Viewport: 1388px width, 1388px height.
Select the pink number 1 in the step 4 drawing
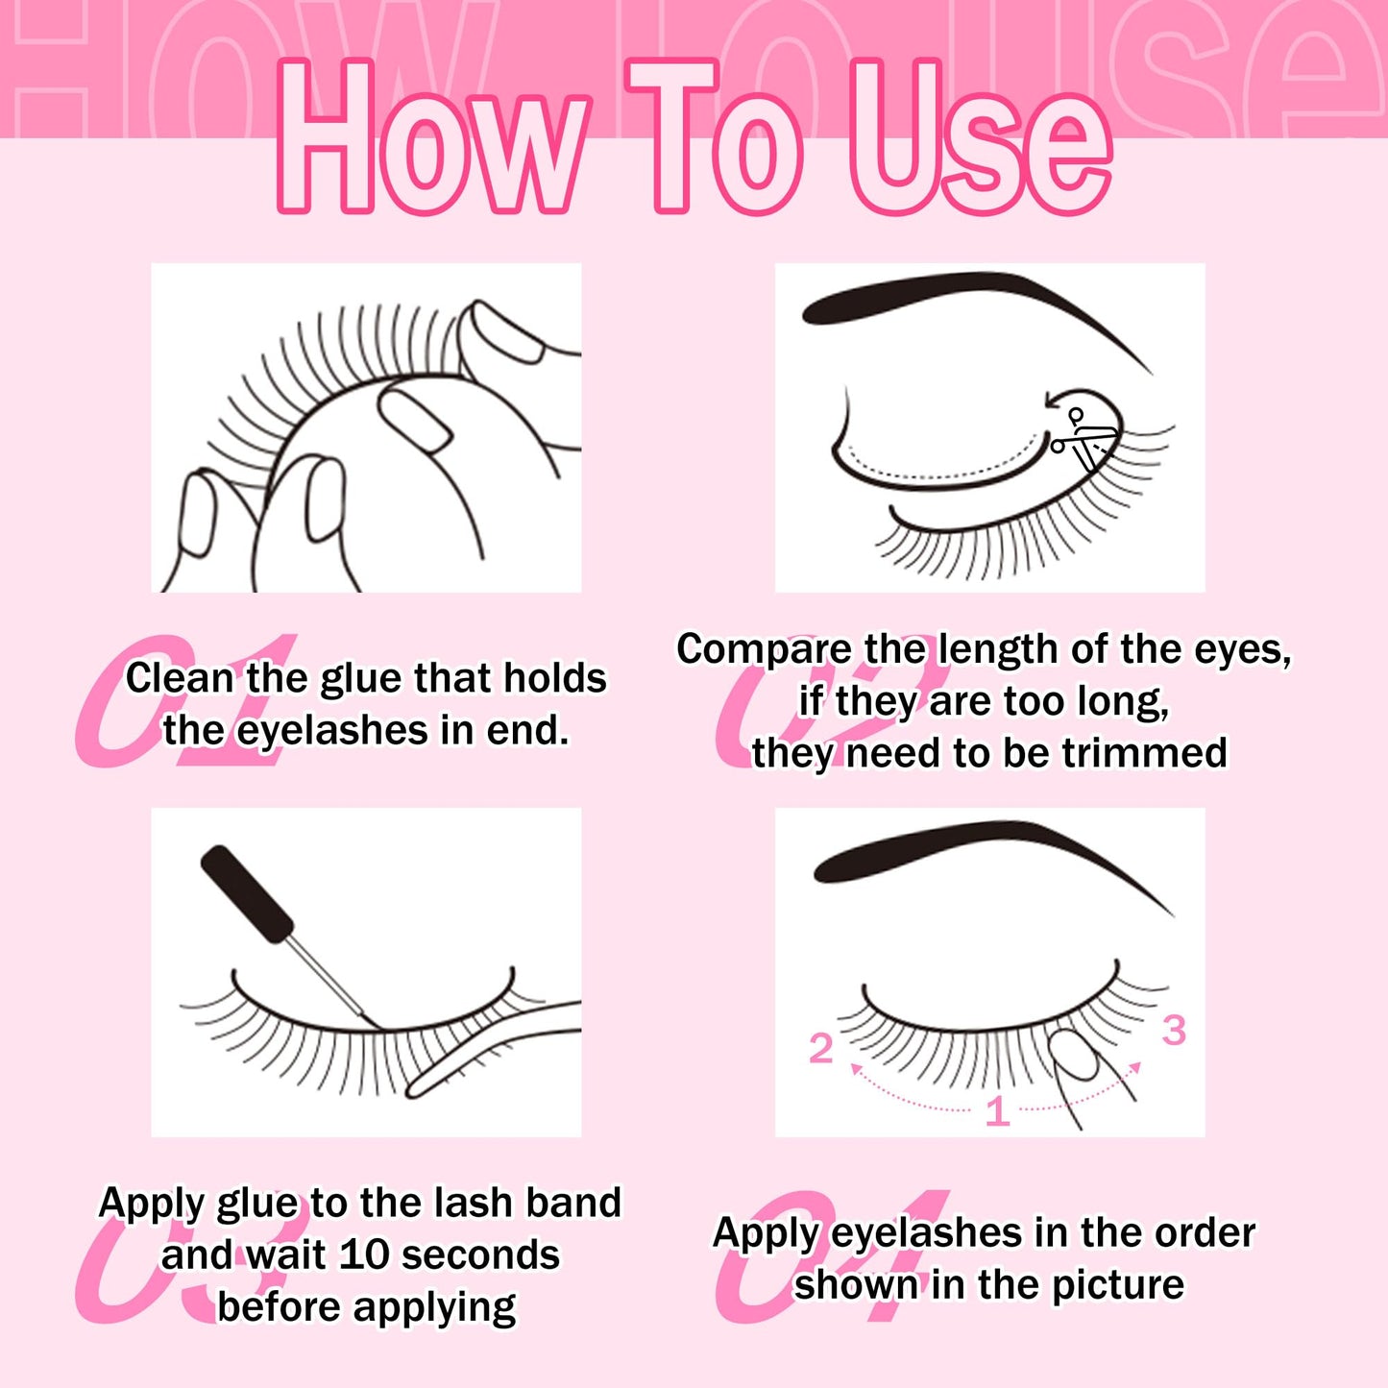[997, 1111]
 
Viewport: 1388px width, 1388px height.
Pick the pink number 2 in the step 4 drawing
[820, 1049]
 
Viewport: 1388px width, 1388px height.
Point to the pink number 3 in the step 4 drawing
[1174, 1031]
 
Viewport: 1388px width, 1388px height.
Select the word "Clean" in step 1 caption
[180, 678]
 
